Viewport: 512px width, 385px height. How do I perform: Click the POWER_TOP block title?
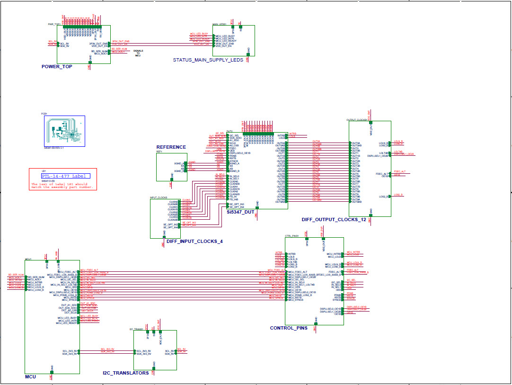[57, 67]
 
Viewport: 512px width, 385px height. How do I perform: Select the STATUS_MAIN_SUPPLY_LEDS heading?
[208, 60]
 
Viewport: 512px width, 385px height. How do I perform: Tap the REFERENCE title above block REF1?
[171, 147]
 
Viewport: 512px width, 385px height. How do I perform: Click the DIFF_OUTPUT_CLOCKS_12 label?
[334, 220]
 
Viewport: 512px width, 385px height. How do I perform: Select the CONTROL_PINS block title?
[288, 328]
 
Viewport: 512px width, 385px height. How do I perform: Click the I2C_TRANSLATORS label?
[125, 373]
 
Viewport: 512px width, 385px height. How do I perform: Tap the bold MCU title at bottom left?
[30, 377]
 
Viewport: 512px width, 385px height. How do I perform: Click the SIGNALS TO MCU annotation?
[138, 53]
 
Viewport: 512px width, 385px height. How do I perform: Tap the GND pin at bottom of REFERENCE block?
[171, 178]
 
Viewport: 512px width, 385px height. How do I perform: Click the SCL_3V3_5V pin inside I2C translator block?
[144, 350]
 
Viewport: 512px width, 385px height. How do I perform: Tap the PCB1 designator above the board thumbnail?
[44, 114]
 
